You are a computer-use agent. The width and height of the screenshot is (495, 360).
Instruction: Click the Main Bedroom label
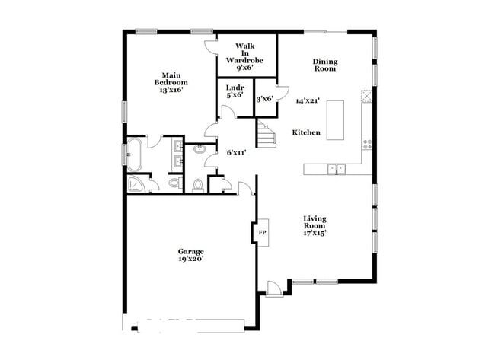(171, 78)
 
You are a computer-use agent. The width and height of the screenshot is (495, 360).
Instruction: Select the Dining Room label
(325, 65)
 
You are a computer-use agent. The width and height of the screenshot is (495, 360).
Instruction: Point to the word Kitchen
(306, 133)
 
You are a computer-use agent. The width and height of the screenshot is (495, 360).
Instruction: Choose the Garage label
(190, 251)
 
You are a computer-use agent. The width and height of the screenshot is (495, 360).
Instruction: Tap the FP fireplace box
(261, 231)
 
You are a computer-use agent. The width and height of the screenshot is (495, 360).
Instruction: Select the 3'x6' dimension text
(264, 98)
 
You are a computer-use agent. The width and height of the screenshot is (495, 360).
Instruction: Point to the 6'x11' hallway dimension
(236, 152)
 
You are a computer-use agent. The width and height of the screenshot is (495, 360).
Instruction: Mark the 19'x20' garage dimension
(190, 260)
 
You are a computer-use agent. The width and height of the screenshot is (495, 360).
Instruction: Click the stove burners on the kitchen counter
(366, 142)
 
